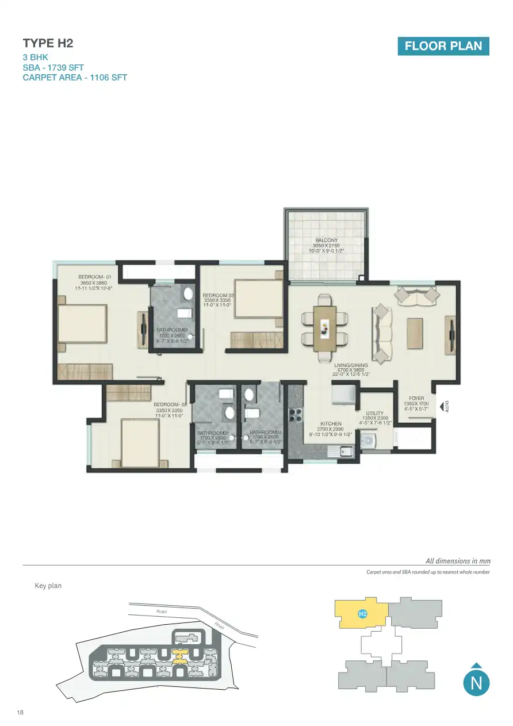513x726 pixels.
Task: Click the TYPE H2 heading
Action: coord(48,43)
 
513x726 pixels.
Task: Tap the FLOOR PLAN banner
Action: coord(443,46)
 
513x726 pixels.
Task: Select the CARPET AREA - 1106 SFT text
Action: coord(75,78)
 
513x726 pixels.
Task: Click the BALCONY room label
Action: coord(326,240)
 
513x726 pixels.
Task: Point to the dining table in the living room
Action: coord(325,328)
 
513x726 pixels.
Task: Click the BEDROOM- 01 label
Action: coord(98,277)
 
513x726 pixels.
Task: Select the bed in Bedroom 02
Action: coord(139,442)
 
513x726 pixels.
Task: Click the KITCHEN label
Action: coord(331,424)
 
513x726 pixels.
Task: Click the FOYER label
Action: coord(416,398)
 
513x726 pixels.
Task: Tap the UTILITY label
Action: coord(374,413)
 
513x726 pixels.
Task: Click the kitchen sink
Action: coord(341,452)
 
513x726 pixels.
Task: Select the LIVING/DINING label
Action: coord(351,365)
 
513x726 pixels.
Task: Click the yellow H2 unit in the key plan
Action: coord(362,614)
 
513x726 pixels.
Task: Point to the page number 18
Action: coord(21,713)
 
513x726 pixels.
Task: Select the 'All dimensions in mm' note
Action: coord(457,561)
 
